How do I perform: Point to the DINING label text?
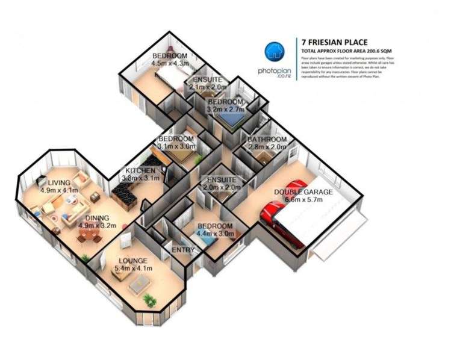pos(97,219)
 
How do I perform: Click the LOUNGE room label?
pos(132,261)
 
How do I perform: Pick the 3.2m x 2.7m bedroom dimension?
pos(225,111)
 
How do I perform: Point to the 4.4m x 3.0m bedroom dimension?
pos(216,234)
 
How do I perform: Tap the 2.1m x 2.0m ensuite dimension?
pos(207,87)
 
